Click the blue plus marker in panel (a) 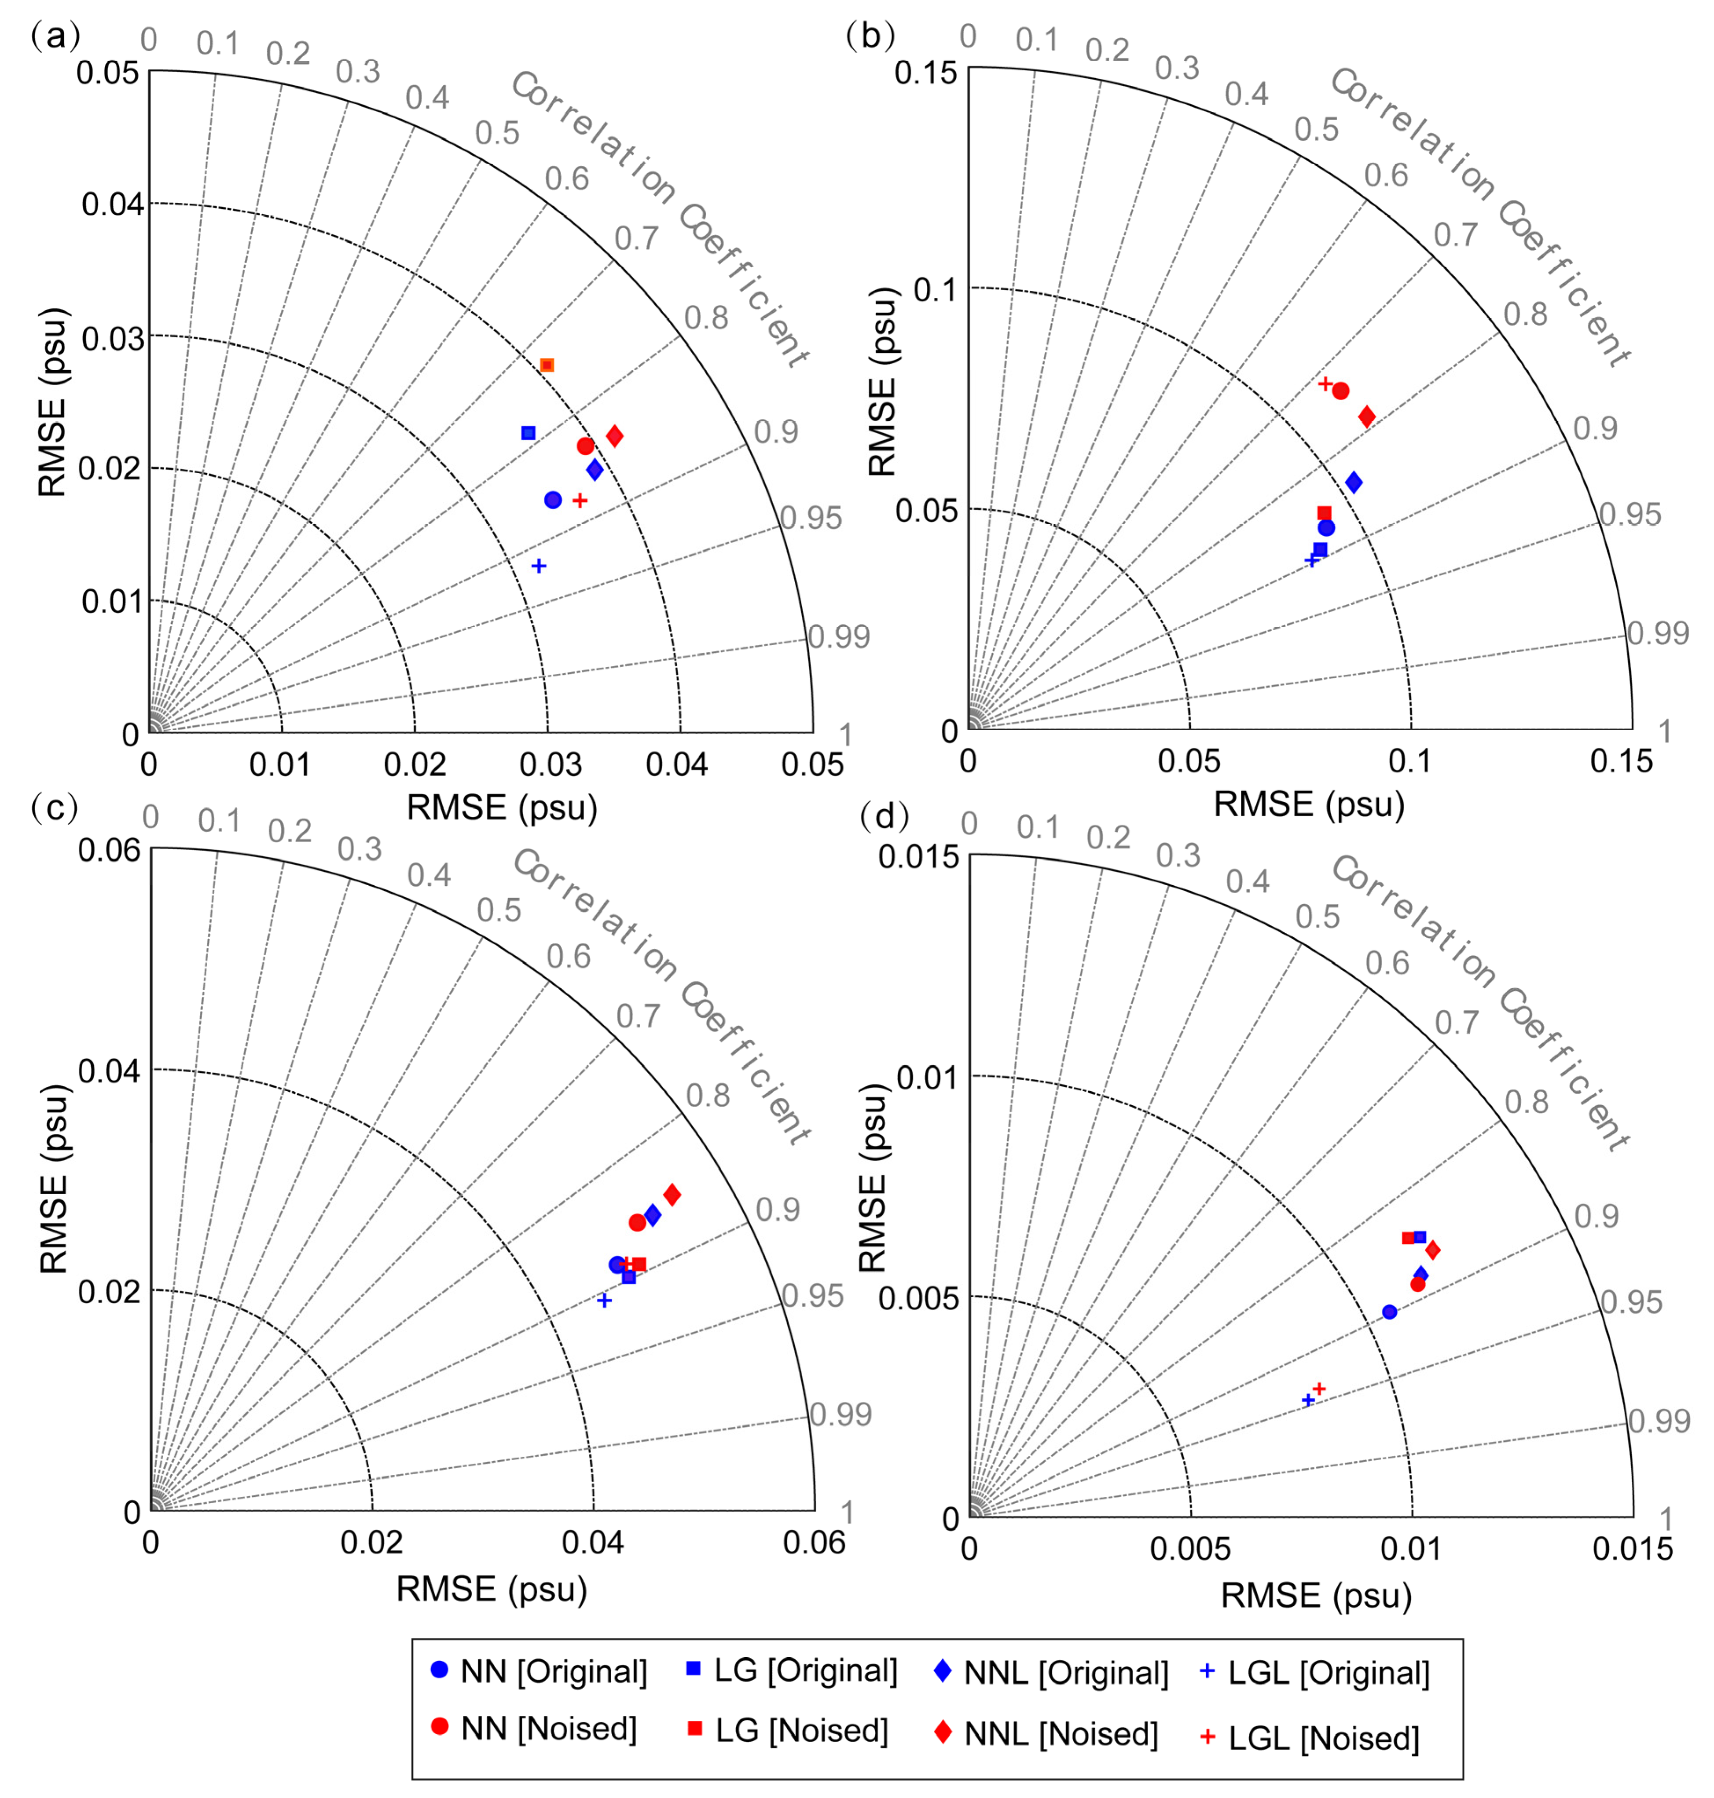[x=539, y=566]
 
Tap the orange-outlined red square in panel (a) [x=547, y=365]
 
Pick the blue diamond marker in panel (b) [x=1354, y=482]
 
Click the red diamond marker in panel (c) [x=672, y=1195]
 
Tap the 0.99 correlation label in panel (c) [x=840, y=1414]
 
